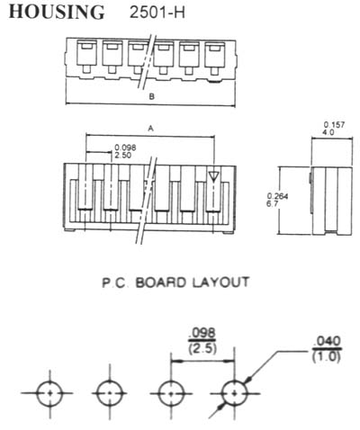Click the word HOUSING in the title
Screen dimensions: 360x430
[x=57, y=12]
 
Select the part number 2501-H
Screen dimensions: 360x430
[x=157, y=13]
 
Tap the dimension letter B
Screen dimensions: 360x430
[x=151, y=96]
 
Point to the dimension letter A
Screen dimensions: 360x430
[x=150, y=129]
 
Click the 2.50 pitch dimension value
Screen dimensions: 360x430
[x=123, y=156]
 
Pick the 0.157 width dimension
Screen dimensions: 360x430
[x=334, y=125]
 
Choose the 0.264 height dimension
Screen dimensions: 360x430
[x=277, y=196]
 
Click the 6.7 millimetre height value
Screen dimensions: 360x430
[x=272, y=203]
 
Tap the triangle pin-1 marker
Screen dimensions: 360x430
[x=213, y=176]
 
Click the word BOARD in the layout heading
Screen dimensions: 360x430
[x=159, y=282]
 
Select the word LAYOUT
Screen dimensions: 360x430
[x=220, y=282]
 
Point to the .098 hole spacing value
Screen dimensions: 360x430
[x=202, y=334]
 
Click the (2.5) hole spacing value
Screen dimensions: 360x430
[x=202, y=349]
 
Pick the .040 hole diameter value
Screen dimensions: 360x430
[x=327, y=341]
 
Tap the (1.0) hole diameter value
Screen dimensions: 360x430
[x=327, y=357]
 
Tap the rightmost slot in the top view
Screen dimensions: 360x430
[x=215, y=54]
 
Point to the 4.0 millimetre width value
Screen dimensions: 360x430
[x=328, y=132]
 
